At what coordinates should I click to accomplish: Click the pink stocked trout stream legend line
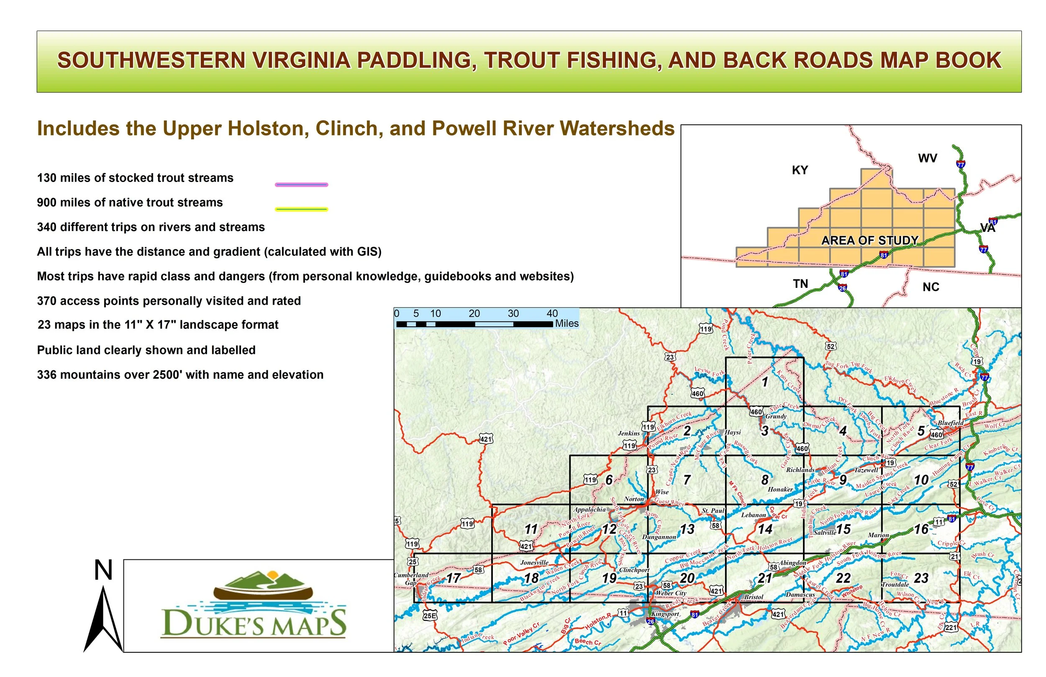tap(302, 185)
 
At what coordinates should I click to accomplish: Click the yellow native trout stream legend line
tap(302, 209)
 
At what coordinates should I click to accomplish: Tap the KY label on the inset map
tap(800, 170)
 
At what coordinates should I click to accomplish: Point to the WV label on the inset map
tap(928, 158)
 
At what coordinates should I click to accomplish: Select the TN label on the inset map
tap(800, 284)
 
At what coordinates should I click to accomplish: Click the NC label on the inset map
tap(931, 287)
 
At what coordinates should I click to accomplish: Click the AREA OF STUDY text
tap(870, 241)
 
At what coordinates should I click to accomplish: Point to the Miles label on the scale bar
tap(567, 323)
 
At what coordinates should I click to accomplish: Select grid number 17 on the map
tap(454, 578)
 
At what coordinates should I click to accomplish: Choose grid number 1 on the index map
tap(765, 382)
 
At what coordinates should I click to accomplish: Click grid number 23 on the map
tap(921, 578)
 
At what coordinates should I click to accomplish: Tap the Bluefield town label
tap(951, 423)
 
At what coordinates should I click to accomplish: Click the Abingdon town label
tap(793, 563)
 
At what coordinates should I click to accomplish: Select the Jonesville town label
tap(534, 563)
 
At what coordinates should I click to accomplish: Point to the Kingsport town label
tap(665, 614)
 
